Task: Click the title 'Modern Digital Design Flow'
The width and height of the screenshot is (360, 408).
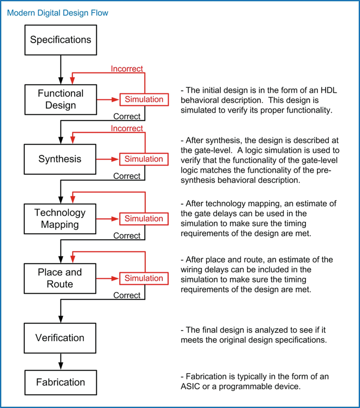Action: [57, 13]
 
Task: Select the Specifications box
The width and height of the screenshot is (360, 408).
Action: [61, 40]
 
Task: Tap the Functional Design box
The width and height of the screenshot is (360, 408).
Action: [61, 99]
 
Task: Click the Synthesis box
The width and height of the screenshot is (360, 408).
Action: [61, 159]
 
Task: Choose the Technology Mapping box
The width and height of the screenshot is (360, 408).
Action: [61, 219]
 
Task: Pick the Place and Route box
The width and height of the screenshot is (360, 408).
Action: [61, 278]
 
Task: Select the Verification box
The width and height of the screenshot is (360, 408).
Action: [61, 338]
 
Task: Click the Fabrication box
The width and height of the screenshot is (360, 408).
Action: [61, 382]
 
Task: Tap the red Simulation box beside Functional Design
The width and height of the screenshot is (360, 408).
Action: [144, 99]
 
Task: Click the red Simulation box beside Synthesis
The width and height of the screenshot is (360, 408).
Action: [144, 159]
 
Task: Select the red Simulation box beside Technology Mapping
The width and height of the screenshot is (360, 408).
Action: [144, 219]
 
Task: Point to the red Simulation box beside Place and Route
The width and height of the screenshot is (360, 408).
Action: [144, 278]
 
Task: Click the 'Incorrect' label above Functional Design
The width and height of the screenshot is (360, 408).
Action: [127, 69]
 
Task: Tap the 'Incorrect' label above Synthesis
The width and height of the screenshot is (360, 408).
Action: [127, 128]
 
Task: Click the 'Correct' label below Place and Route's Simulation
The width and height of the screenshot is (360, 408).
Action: [127, 295]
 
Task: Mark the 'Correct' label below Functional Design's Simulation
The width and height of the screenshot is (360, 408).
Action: [127, 116]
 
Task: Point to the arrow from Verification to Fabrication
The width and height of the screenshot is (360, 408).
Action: [61, 361]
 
